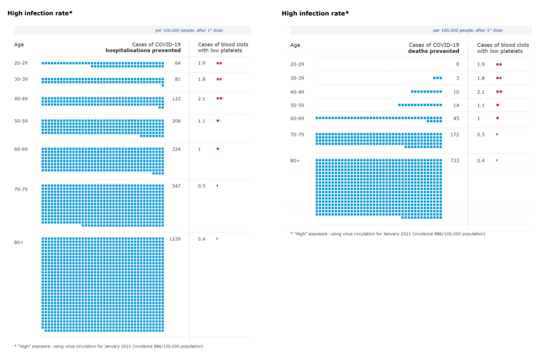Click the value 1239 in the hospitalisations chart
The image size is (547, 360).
pos(175,239)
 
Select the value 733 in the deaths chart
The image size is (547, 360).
pos(454,160)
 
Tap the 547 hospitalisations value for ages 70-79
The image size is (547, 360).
pos(176,186)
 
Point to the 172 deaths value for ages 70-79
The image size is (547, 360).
pos(454,134)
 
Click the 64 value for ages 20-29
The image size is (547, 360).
pos(178,63)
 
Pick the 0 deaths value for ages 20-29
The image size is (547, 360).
pos(457,64)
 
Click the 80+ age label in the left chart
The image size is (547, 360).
pos(19,242)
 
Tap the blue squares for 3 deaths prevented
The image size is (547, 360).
pos(438,78)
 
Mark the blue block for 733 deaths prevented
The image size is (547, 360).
pos(379,187)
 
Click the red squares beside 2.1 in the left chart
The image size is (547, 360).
pos(220,99)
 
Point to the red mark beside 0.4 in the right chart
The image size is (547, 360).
pos(497,160)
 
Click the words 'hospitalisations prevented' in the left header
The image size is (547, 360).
pos(143,51)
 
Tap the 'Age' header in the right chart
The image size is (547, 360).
pos(295,45)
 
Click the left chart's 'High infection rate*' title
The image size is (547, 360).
pos(40,13)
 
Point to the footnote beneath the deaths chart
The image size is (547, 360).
pos(388,234)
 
